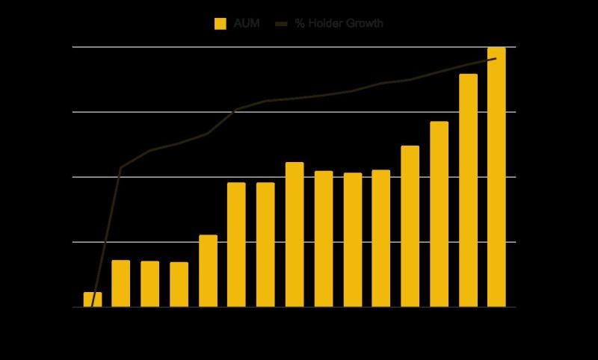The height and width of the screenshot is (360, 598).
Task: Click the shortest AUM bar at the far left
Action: click(x=93, y=300)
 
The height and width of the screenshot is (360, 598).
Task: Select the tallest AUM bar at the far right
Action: click(x=496, y=177)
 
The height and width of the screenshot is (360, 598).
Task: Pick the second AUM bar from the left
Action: click(x=121, y=283)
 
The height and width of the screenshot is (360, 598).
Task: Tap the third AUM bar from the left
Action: click(x=150, y=284)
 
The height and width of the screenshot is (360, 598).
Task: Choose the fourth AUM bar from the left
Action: click(x=179, y=285)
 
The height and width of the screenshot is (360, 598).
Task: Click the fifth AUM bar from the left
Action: click(x=209, y=271)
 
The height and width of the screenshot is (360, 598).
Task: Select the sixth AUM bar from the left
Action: click(x=236, y=244)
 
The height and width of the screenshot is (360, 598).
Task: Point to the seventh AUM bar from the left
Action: click(x=265, y=244)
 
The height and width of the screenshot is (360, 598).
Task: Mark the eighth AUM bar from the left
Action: click(x=295, y=235)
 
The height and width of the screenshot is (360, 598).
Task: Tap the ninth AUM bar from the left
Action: click(x=324, y=239)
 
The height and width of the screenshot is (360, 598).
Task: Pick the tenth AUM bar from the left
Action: click(x=353, y=240)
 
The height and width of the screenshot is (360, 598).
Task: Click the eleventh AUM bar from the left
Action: click(x=381, y=238)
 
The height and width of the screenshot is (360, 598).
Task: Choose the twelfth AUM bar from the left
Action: click(x=410, y=226)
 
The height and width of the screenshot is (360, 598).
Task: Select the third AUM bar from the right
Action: click(x=440, y=214)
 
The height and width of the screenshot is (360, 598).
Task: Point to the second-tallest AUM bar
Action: click(x=469, y=190)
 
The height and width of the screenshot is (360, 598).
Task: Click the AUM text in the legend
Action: click(x=247, y=24)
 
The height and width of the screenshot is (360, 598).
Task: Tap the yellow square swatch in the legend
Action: click(x=221, y=24)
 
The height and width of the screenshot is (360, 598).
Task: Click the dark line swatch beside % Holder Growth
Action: click(x=281, y=24)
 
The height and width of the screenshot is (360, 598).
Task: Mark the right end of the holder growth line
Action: click(x=496, y=58)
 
